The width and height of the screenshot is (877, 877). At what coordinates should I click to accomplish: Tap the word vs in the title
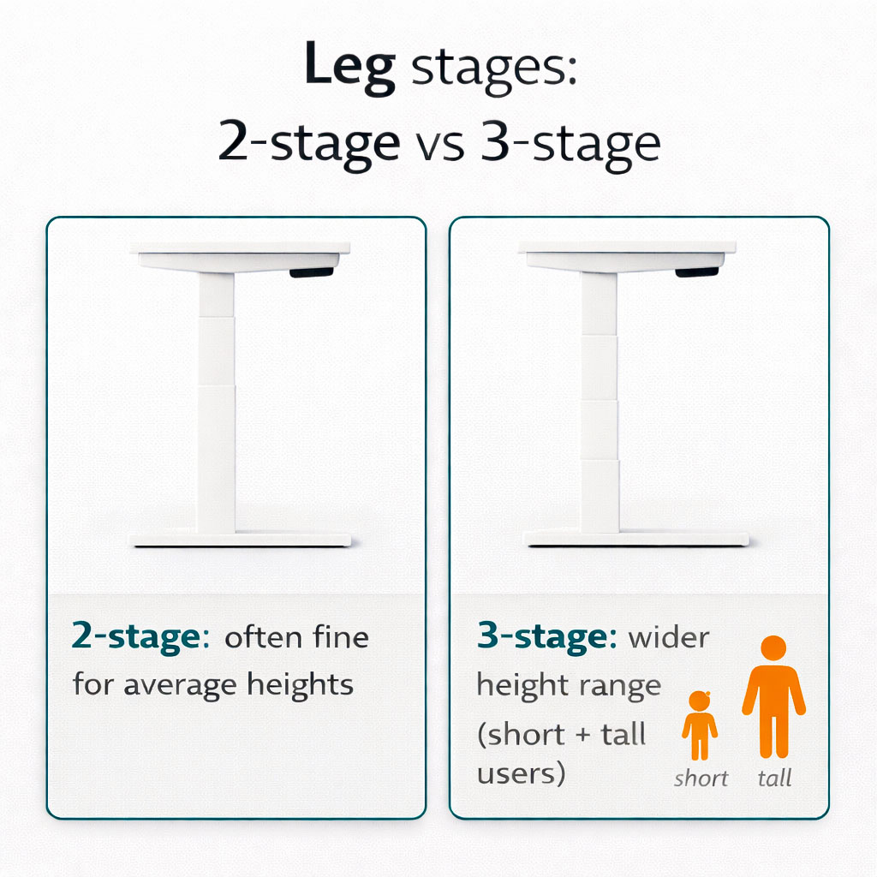pyautogui.click(x=440, y=143)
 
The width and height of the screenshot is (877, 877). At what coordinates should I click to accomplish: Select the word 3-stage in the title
pyautogui.click(x=570, y=143)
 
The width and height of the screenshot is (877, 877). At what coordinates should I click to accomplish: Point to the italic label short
pyautogui.click(x=701, y=778)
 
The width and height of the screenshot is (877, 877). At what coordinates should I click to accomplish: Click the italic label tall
pyautogui.click(x=774, y=778)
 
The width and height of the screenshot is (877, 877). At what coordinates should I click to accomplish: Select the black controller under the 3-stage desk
pyautogui.click(x=696, y=272)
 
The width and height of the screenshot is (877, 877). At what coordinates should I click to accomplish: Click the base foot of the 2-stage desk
pyautogui.click(x=240, y=540)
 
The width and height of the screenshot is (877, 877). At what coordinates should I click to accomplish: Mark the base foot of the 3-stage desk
pyautogui.click(x=635, y=540)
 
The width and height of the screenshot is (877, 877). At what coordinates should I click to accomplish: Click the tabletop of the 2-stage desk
pyautogui.click(x=240, y=248)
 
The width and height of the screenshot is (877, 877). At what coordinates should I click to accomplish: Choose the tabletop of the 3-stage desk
pyautogui.click(x=627, y=248)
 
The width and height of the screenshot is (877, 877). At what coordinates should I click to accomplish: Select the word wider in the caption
pyautogui.click(x=668, y=638)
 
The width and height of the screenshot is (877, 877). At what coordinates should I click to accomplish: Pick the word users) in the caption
pyautogui.click(x=522, y=773)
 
